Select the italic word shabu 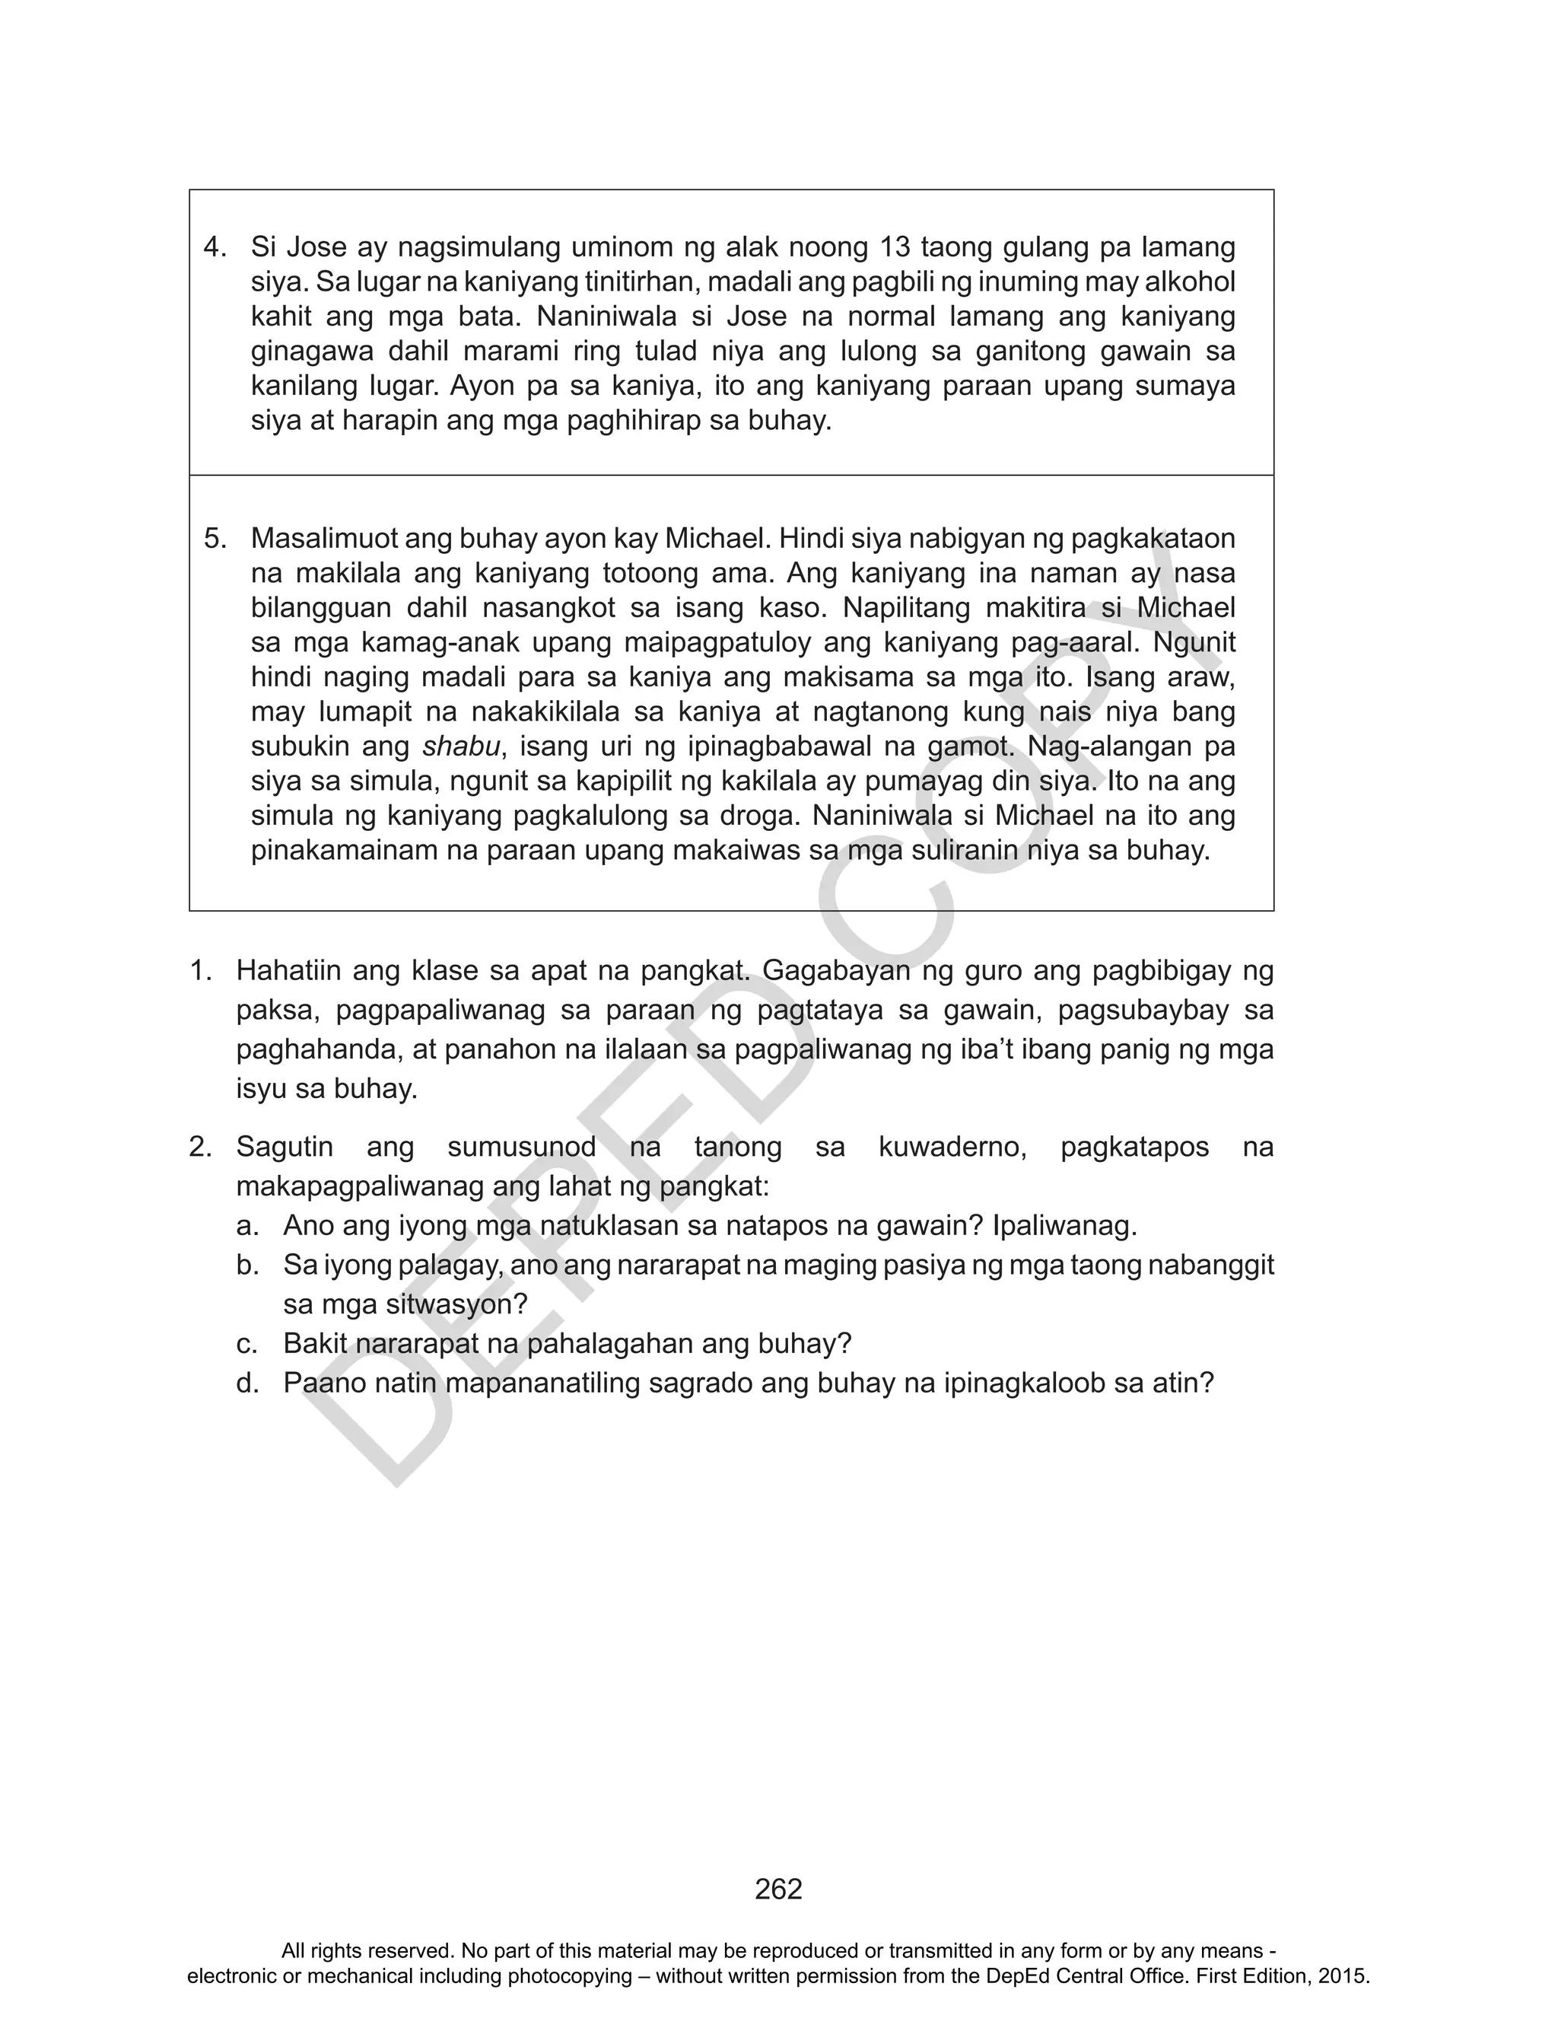tap(461, 747)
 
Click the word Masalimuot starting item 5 tap(326, 538)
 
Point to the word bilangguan tap(313, 607)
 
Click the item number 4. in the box tap(215, 247)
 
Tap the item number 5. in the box tap(215, 538)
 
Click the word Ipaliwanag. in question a tap(1064, 1226)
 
